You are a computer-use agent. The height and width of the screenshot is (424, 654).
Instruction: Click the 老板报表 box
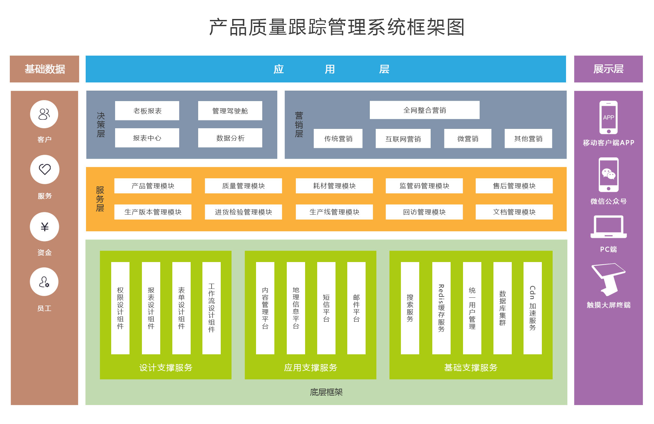(x=147, y=111)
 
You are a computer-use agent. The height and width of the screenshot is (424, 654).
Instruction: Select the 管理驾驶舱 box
(x=230, y=111)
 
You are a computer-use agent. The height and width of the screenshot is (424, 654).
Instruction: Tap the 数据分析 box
(x=230, y=138)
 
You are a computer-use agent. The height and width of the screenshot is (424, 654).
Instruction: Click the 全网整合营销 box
(x=424, y=110)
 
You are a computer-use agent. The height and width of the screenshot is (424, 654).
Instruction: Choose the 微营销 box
(x=468, y=139)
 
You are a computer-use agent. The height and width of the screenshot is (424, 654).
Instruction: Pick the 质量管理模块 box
(x=243, y=186)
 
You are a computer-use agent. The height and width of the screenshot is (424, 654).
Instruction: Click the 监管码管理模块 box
(x=424, y=186)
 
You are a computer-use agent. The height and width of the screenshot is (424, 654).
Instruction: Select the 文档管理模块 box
(x=514, y=212)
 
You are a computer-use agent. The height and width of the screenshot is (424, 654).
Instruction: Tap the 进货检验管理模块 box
(x=243, y=212)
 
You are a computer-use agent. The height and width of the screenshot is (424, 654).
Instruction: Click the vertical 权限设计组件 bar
(x=120, y=308)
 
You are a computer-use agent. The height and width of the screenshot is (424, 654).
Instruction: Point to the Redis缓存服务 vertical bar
(x=441, y=308)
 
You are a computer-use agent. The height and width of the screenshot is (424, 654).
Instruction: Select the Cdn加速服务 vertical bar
(x=532, y=308)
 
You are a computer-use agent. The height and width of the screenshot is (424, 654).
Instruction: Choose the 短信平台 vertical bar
(x=326, y=308)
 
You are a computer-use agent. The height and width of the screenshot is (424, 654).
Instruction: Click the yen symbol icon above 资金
(x=44, y=227)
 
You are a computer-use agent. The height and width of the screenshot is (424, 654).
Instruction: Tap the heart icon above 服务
(x=45, y=169)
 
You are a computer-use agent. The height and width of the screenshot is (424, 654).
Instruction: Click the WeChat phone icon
(x=608, y=175)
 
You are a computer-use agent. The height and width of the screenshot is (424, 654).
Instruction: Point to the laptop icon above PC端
(x=608, y=227)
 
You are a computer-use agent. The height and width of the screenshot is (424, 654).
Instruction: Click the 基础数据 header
(x=44, y=69)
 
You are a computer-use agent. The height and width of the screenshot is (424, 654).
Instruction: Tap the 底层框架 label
(x=326, y=392)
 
